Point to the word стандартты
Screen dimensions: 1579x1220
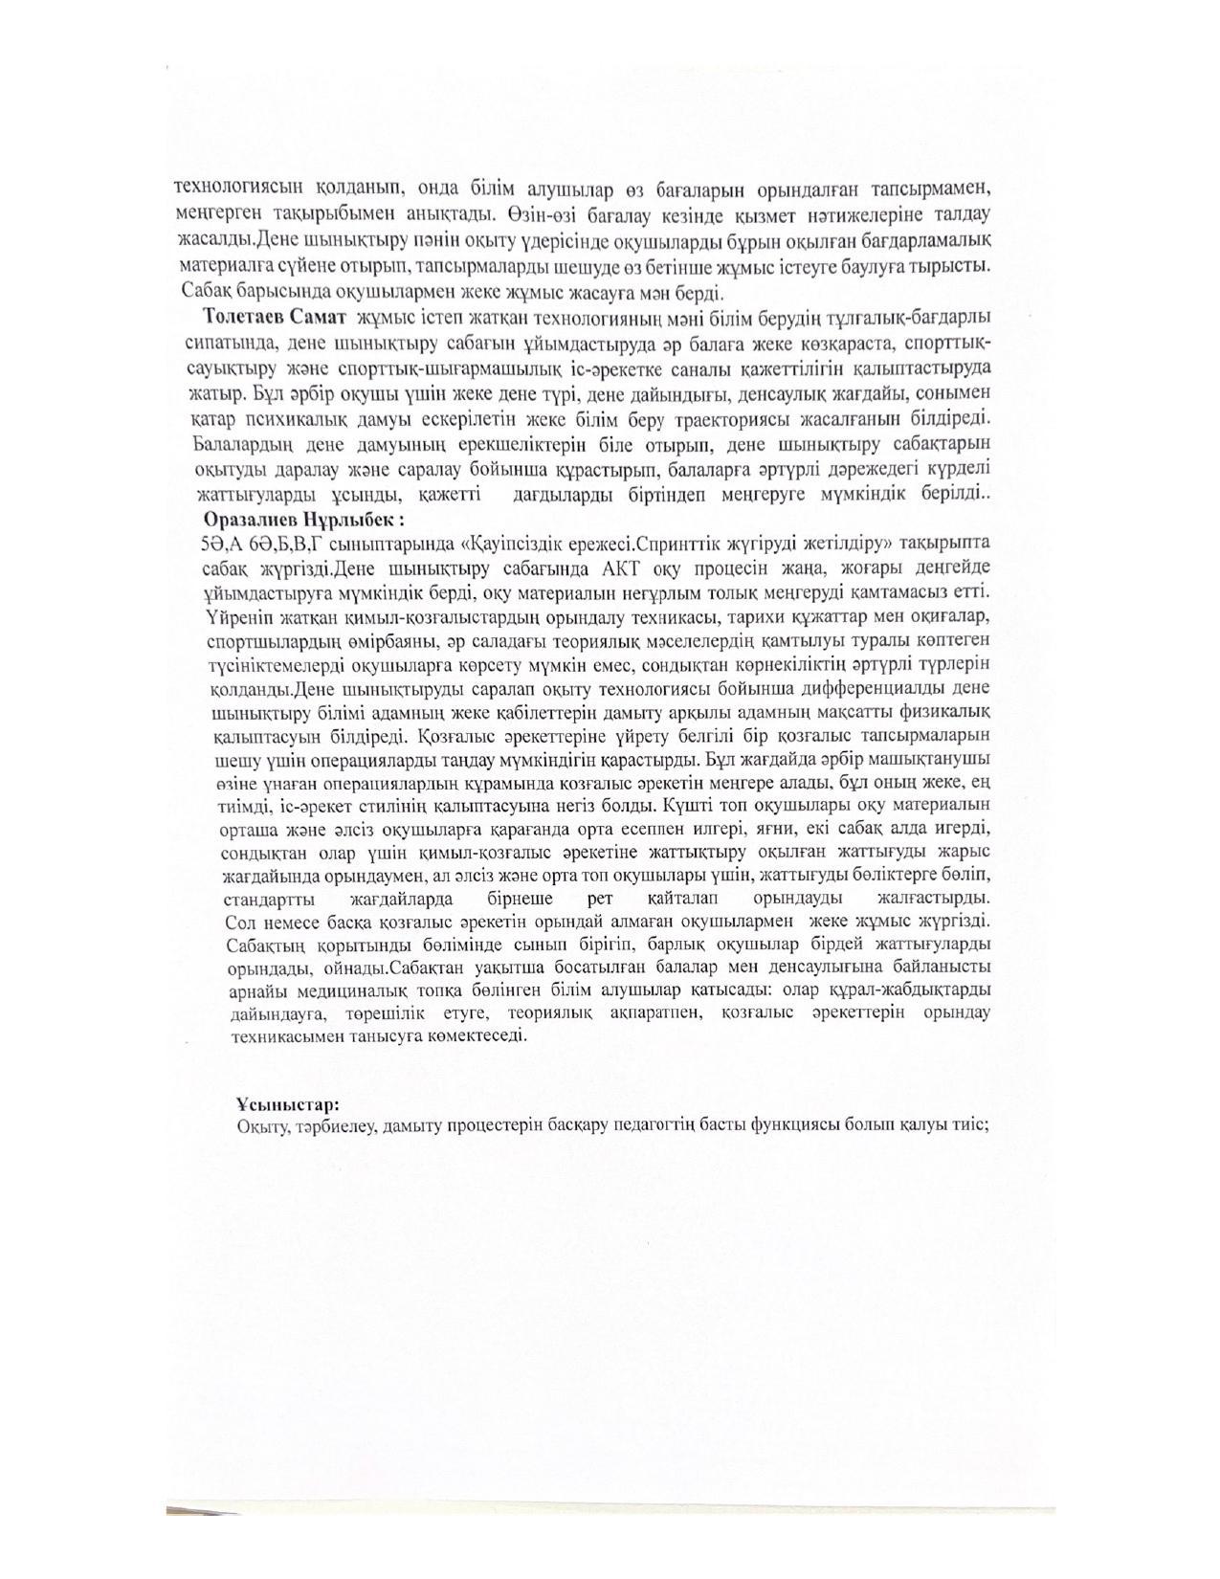(272, 900)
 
